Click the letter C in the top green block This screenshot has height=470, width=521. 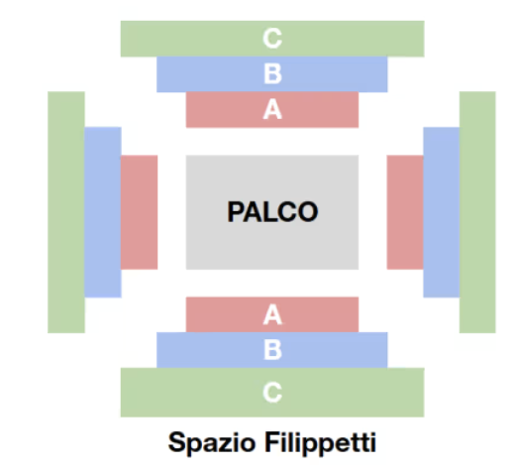pyautogui.click(x=272, y=39)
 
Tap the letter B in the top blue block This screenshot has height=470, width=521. pyautogui.click(x=272, y=73)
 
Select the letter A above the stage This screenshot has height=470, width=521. pyautogui.click(x=272, y=109)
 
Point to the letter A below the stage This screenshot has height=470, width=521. pyautogui.click(x=272, y=314)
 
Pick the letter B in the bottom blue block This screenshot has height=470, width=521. pyautogui.click(x=272, y=350)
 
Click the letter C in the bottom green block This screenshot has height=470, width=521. pyautogui.click(x=272, y=393)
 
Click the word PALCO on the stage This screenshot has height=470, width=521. pyautogui.click(x=272, y=212)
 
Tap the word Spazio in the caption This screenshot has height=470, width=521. pyautogui.click(x=212, y=443)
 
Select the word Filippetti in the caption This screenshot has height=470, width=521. pyautogui.click(x=320, y=441)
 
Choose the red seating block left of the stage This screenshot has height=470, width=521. pyautogui.click(x=139, y=212)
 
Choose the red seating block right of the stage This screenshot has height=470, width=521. pyautogui.click(x=405, y=212)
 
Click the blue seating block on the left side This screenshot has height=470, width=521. pyautogui.click(x=103, y=212)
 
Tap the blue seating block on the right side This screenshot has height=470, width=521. pyautogui.click(x=441, y=212)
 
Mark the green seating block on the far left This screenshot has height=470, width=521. pyautogui.click(x=66, y=212)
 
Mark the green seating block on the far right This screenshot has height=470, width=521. pyautogui.click(x=477, y=212)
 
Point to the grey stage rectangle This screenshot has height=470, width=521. pyautogui.click(x=272, y=212)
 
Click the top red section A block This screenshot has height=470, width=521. pyautogui.click(x=272, y=110)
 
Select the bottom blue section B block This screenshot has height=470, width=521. pyautogui.click(x=272, y=350)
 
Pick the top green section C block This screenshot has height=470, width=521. pyautogui.click(x=272, y=39)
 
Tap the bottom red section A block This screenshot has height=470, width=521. pyautogui.click(x=272, y=314)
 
